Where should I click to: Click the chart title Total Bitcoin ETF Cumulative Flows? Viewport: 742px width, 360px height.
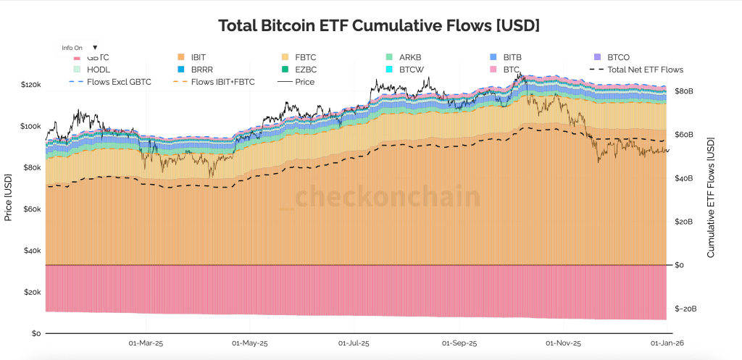pos(379,25)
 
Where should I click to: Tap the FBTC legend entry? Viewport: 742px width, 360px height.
pos(307,56)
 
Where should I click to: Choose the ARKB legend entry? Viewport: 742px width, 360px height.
pos(410,56)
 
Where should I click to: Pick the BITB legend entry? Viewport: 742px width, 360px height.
pos(512,56)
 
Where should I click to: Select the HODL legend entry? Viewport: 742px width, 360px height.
pos(99,70)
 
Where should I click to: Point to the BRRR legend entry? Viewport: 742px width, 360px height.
pos(202,70)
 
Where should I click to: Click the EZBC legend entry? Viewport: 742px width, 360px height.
pos(307,70)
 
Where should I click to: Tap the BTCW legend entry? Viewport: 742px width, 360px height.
pos(412,70)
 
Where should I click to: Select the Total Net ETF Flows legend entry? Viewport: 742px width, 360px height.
pos(645,70)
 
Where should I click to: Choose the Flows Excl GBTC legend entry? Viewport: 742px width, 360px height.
pos(119,82)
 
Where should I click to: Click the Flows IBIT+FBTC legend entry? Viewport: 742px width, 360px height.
pos(222,82)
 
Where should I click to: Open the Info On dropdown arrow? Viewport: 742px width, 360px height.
pos(95,47)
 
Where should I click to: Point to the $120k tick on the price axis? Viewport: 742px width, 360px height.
pos(31,85)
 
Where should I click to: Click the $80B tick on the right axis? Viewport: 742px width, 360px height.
pos(684,92)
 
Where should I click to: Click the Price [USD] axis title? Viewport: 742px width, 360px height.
pos(9,197)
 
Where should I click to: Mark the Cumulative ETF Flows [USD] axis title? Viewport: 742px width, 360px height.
pos(711,197)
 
